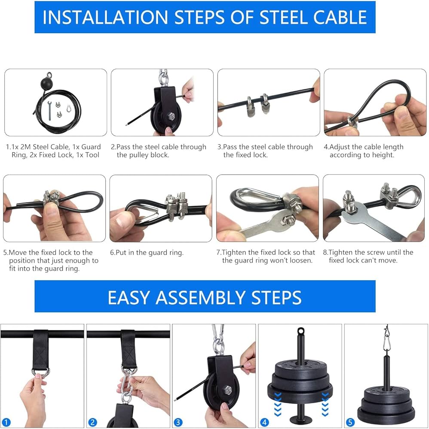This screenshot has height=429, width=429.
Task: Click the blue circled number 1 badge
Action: [6, 422]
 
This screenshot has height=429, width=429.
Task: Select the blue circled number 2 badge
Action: [92, 422]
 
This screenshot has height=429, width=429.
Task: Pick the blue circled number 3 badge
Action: [178, 422]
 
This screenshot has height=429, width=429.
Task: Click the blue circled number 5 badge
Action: [350, 422]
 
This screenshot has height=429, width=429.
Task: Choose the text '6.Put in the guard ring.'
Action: [147, 253]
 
